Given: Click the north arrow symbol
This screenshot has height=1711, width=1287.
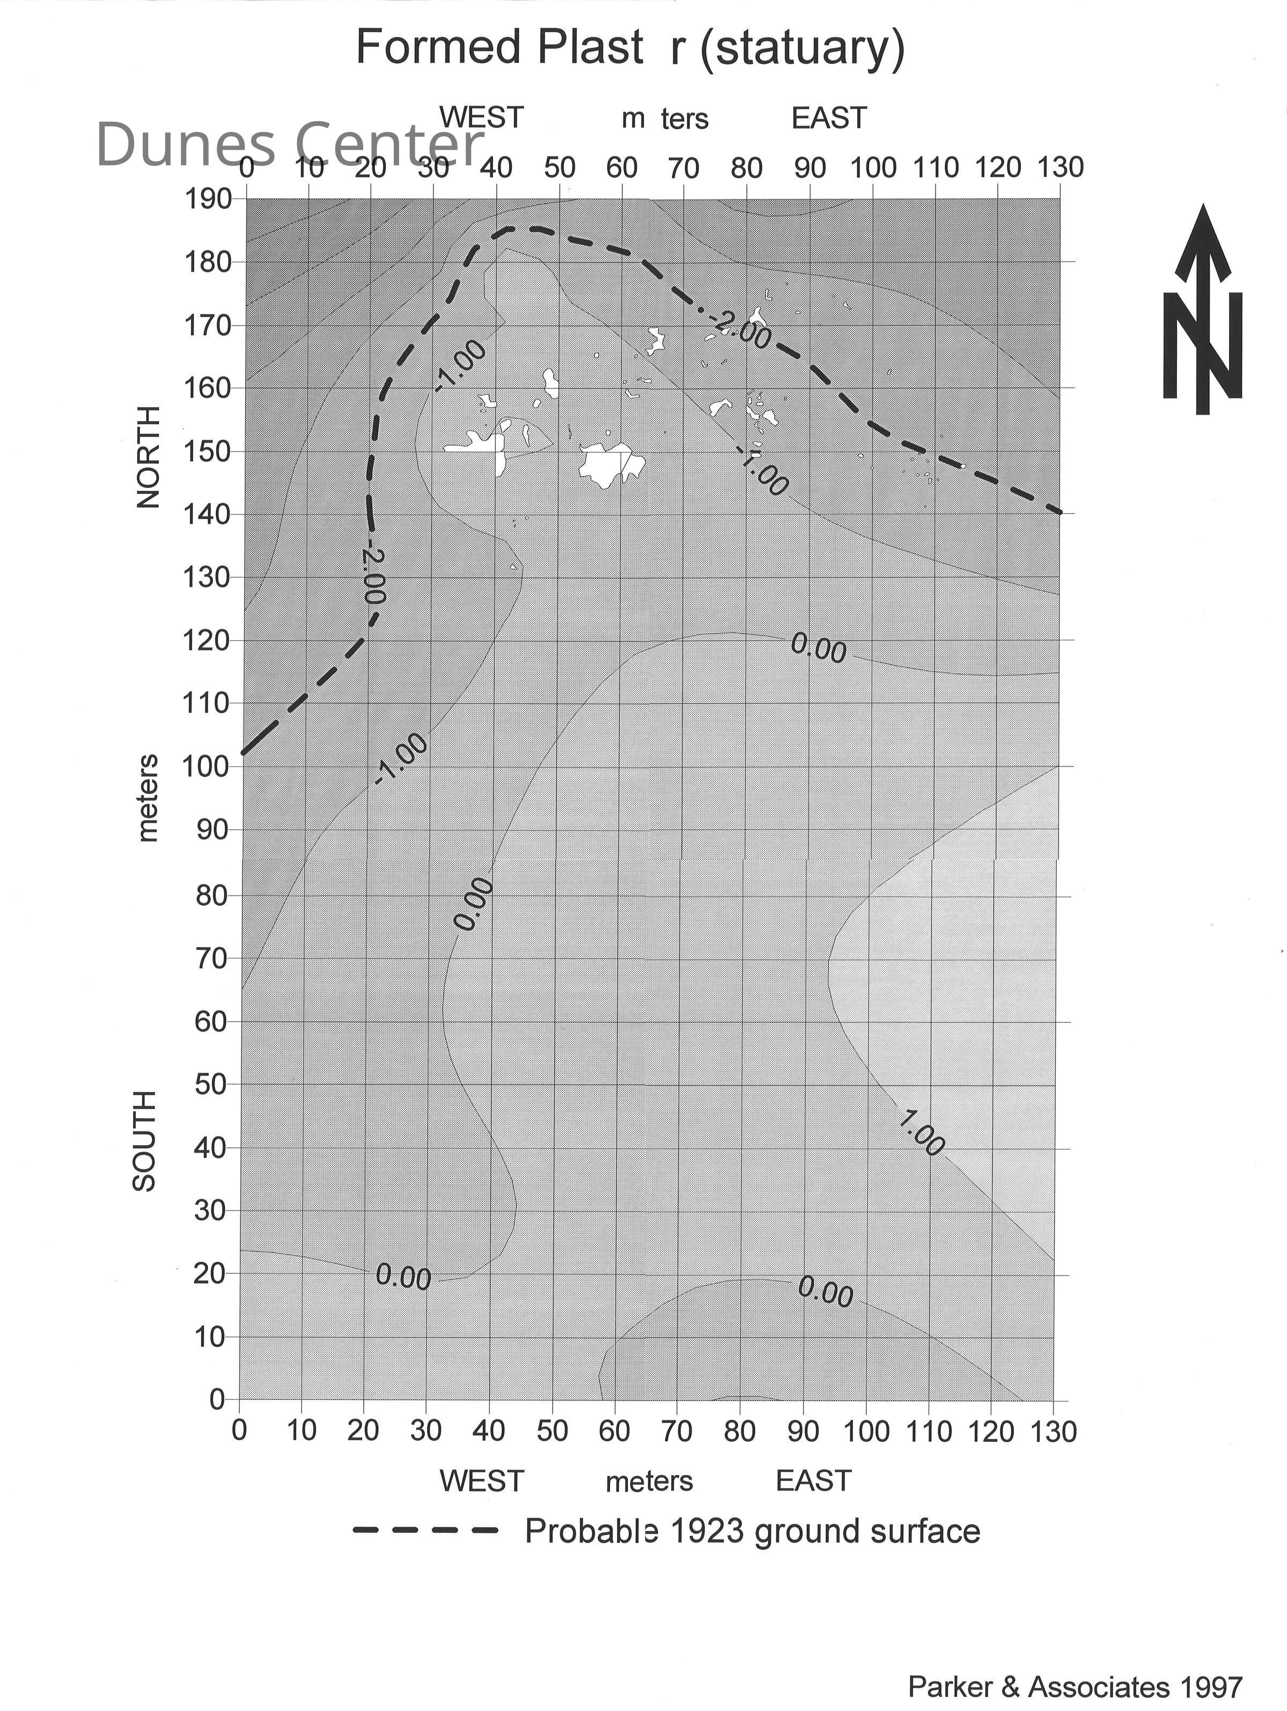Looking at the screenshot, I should click(x=1203, y=309).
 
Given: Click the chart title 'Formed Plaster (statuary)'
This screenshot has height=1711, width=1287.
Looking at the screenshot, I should click(x=630, y=48).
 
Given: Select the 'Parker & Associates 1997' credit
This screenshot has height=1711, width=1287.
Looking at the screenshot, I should click(x=1075, y=1686).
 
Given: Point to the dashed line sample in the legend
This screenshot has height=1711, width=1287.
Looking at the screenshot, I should click(x=425, y=1531).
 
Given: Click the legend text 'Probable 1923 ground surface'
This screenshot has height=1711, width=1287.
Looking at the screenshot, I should click(x=752, y=1531).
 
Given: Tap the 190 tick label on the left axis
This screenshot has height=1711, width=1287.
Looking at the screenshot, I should click(x=208, y=200).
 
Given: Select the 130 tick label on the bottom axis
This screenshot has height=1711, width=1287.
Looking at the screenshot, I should click(x=1053, y=1432).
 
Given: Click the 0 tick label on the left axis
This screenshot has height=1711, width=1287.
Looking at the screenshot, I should click(x=217, y=1398).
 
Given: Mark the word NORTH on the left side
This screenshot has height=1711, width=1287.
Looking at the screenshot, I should click(x=148, y=456).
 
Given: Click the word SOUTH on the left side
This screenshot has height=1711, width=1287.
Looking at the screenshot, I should click(x=145, y=1141).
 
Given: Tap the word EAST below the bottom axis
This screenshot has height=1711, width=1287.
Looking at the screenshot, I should click(x=813, y=1480).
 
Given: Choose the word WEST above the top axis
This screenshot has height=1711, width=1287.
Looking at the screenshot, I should click(x=481, y=117).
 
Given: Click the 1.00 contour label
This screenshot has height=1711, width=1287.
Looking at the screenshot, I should click(x=922, y=1134).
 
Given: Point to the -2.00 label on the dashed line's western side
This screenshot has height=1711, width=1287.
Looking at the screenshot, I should click(x=373, y=576).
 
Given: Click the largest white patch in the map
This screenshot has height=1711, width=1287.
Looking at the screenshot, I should click(x=611, y=464).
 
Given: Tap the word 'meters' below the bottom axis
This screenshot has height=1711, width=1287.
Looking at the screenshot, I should click(x=649, y=1481).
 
